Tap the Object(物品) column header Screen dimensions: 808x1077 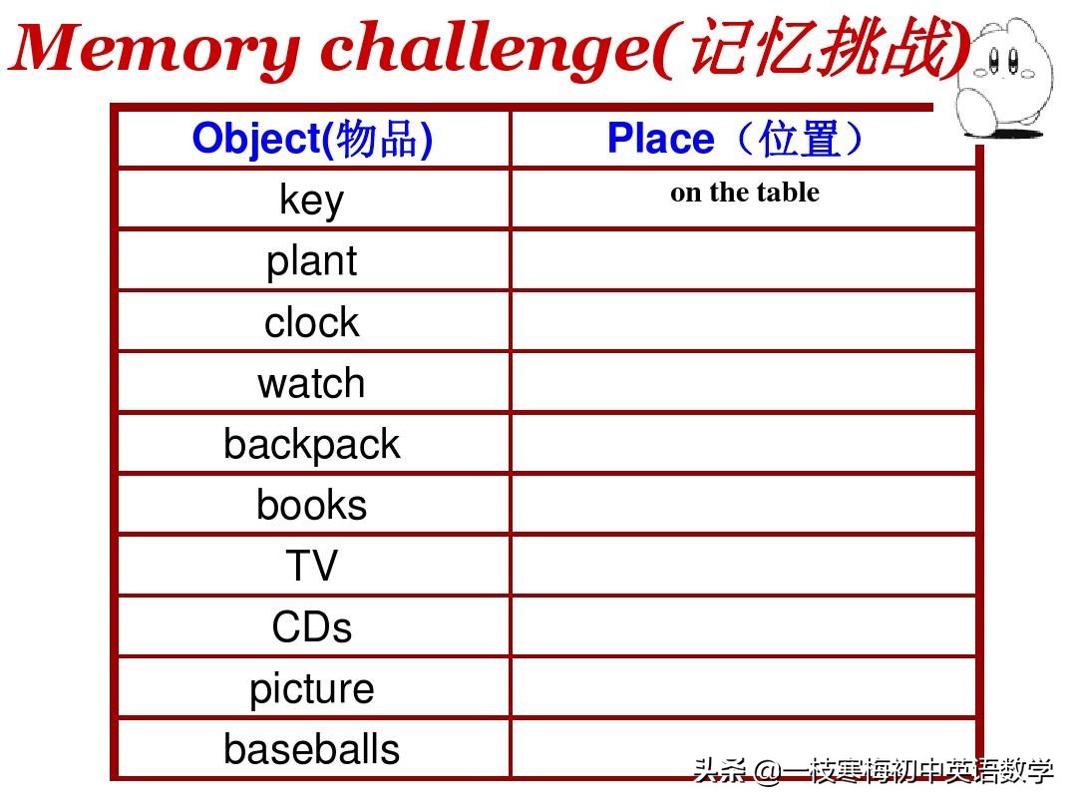click(x=312, y=139)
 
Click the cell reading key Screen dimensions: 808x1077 click(x=312, y=200)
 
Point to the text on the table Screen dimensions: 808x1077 click(x=744, y=193)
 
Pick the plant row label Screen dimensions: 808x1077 click(x=312, y=260)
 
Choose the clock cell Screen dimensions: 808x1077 click(x=312, y=322)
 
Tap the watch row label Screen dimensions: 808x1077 click(x=312, y=383)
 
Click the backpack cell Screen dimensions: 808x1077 click(x=312, y=444)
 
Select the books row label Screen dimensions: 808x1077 click(x=312, y=505)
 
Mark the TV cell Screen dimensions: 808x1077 click(x=312, y=566)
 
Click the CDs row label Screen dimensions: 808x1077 click(x=312, y=627)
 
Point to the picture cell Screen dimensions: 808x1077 click(x=312, y=688)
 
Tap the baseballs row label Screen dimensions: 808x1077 click(x=312, y=749)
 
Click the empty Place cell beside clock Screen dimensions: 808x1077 click(x=743, y=321)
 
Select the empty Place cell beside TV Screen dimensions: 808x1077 click(x=743, y=566)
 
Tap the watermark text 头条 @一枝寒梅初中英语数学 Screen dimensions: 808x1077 click(x=874, y=771)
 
